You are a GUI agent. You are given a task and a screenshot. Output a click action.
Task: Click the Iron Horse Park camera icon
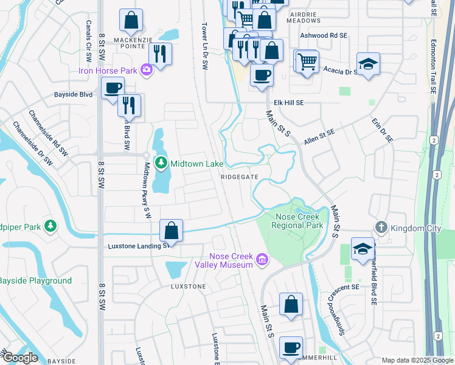point(146,70)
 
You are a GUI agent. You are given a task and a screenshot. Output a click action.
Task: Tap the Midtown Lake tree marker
point(161,162)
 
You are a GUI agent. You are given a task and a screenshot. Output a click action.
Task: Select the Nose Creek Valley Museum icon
point(262,260)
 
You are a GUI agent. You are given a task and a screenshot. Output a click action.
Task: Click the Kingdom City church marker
point(381,227)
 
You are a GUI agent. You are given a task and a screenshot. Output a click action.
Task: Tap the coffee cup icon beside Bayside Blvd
point(113,88)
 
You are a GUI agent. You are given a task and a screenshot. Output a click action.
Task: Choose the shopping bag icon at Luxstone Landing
point(172,231)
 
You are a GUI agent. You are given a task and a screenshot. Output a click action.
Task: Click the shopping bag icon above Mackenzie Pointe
point(131,20)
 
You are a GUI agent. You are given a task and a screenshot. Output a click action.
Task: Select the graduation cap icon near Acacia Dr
point(368,63)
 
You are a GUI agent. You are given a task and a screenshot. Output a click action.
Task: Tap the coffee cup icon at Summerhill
point(291,347)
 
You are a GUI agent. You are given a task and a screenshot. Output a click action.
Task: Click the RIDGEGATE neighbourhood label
point(240,176)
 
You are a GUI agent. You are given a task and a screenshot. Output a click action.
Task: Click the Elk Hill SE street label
point(288,103)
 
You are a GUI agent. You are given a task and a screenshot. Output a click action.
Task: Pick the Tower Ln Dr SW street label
point(206,46)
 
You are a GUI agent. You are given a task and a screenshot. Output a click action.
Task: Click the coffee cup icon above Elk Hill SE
point(262,75)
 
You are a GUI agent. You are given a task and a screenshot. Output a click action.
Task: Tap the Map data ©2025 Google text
point(417,360)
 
